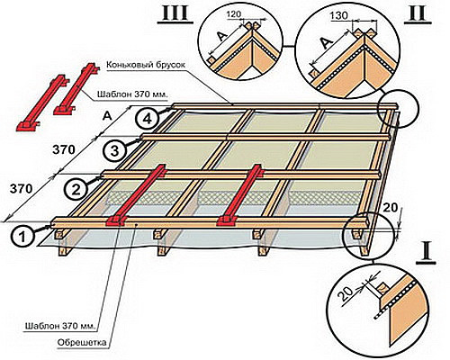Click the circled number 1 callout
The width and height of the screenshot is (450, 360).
point(23,237)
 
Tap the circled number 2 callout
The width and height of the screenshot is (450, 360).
point(76,190)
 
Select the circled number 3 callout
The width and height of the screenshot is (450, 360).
point(115,150)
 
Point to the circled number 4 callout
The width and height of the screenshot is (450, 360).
point(147,119)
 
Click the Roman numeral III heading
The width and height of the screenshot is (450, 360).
point(175,13)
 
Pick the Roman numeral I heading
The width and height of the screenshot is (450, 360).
point(426,255)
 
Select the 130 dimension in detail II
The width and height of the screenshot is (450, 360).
point(339,15)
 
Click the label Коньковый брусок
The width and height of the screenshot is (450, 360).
point(147,65)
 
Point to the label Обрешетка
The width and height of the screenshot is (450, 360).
point(81,342)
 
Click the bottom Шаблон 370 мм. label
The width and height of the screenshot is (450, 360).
point(61,326)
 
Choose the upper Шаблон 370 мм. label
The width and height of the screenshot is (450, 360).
point(132,94)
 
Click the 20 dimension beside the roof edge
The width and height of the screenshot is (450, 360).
point(390,207)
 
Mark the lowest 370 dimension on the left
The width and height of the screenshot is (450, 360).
point(21,189)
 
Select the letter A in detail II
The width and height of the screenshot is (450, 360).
point(325,44)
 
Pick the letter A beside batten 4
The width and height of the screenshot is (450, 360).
point(107,115)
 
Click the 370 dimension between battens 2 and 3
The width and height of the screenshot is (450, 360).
point(63,149)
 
